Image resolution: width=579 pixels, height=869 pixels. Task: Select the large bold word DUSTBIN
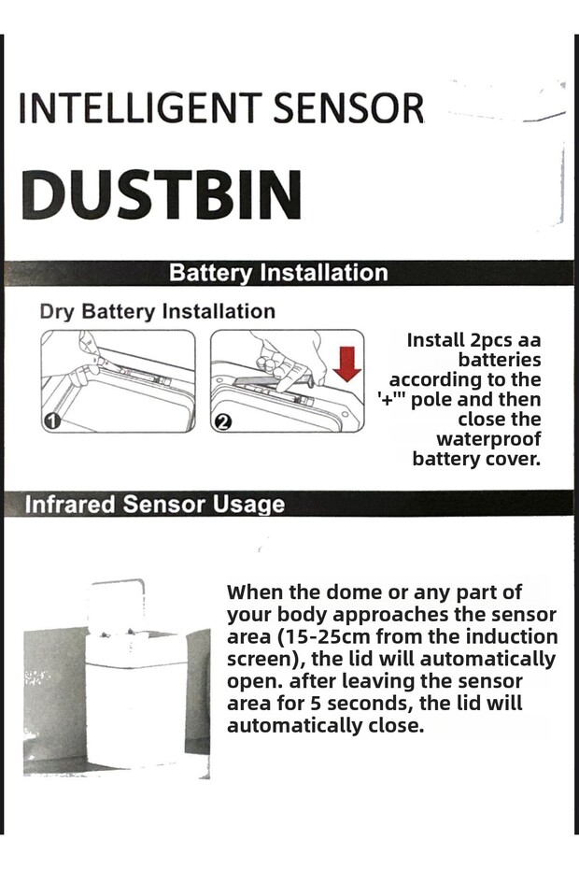coord(161,193)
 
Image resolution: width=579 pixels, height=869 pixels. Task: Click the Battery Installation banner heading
coord(278,273)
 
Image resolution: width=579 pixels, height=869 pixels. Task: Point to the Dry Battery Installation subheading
coord(157,311)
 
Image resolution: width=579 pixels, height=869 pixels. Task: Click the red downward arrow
coord(346,362)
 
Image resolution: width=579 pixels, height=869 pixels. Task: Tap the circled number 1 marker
coord(53,421)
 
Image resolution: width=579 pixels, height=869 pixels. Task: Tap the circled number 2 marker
coord(222,421)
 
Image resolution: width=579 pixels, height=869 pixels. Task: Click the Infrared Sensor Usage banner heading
coord(154,505)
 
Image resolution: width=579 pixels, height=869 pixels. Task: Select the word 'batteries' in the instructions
coord(499,360)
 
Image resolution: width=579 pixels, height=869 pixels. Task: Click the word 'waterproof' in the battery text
coord(487,439)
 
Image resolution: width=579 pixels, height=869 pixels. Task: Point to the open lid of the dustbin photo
coord(118,603)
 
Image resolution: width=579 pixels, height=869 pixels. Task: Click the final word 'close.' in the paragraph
coord(392,726)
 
